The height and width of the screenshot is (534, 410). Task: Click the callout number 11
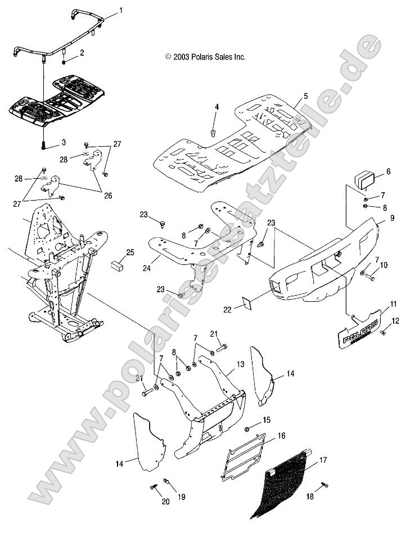point(394,304)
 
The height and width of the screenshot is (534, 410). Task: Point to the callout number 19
point(181,497)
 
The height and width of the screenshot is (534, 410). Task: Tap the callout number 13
point(240,364)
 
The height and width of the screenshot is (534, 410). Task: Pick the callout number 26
point(107,196)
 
